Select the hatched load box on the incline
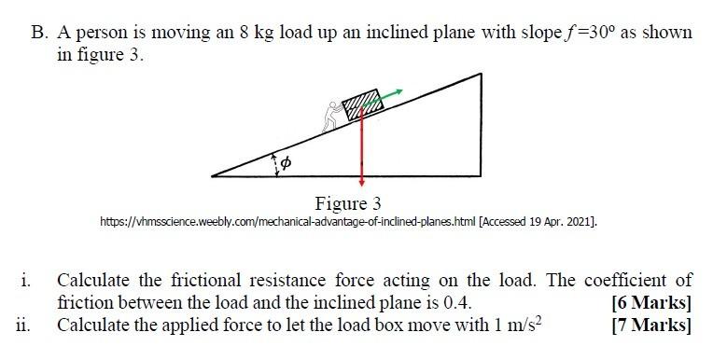pos(360,104)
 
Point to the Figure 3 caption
pos(348,203)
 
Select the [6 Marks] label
pos(651,303)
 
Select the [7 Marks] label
pos(651,325)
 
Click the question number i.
pos(26,281)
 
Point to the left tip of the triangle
pos(214,173)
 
